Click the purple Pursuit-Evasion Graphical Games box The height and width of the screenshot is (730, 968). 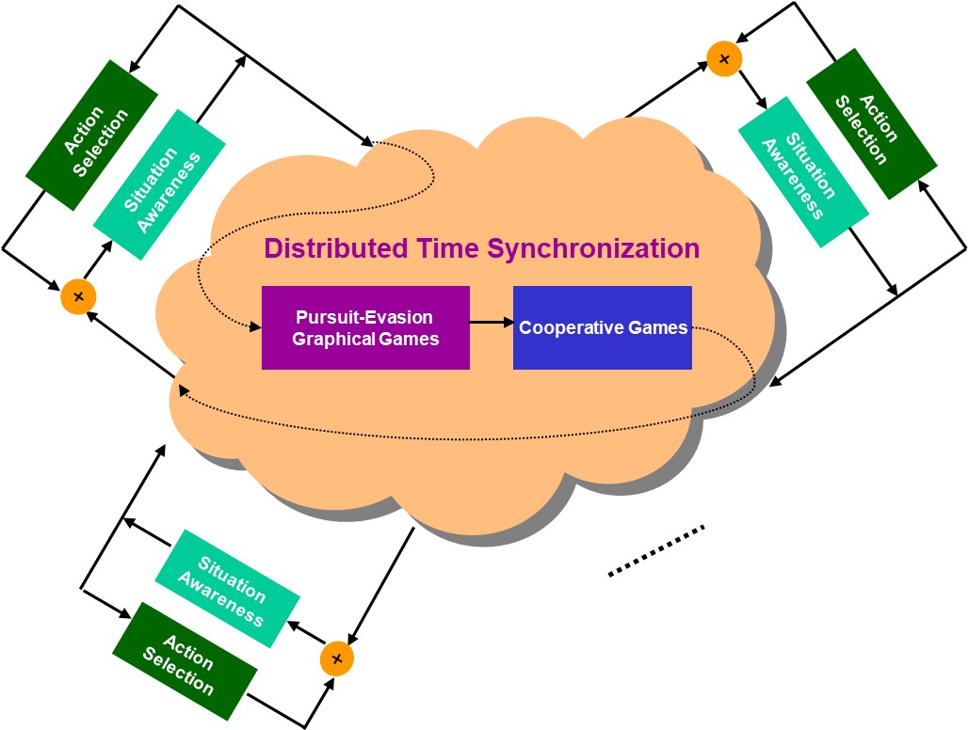pyautogui.click(x=365, y=327)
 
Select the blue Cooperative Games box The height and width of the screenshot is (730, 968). pyautogui.click(x=603, y=327)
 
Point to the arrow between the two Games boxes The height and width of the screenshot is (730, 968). pyautogui.click(x=491, y=323)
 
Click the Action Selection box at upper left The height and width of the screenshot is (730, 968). pyautogui.click(x=90, y=134)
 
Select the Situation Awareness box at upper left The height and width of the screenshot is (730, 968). pyautogui.click(x=159, y=184)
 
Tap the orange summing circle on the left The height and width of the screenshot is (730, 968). pyautogui.click(x=78, y=297)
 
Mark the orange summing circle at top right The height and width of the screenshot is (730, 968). pyautogui.click(x=724, y=59)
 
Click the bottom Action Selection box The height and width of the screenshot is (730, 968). pyautogui.click(x=186, y=662)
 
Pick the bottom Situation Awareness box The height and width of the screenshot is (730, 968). pyautogui.click(x=227, y=588)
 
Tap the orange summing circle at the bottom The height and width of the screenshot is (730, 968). pyautogui.click(x=336, y=658)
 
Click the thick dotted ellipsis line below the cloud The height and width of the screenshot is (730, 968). pyautogui.click(x=656, y=550)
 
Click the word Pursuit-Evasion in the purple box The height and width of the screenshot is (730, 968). pyautogui.click(x=365, y=317)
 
